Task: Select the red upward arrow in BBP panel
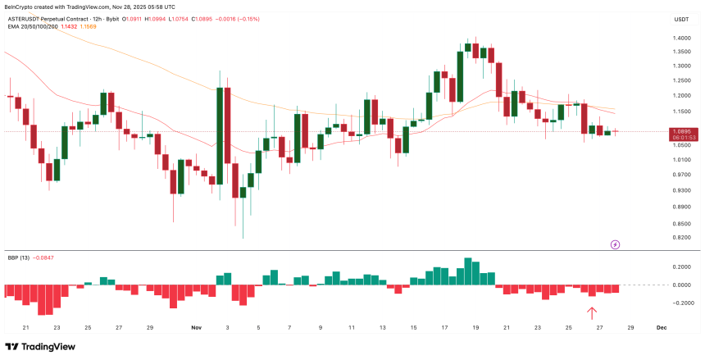pos(592,312)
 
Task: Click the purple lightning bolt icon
pos(615,244)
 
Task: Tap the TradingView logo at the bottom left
pos(40,346)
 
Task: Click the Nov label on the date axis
pos(196,327)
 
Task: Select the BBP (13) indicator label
pos(20,257)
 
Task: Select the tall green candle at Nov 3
pos(221,136)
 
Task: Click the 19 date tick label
pos(475,327)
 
